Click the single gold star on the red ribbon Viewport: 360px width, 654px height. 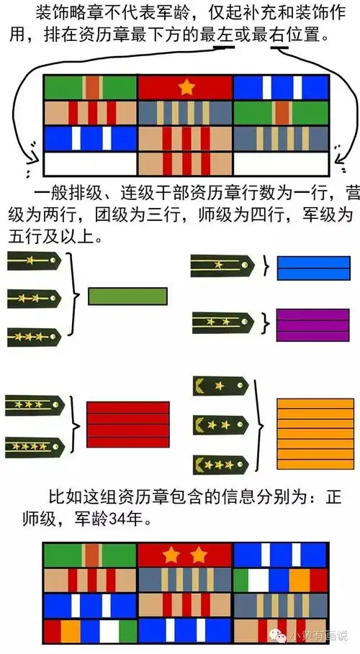click(x=186, y=88)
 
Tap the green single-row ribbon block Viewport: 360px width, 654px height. click(x=127, y=295)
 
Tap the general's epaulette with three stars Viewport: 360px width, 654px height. click(x=220, y=464)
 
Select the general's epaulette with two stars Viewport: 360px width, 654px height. click(x=220, y=426)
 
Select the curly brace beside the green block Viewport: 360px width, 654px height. click(x=76, y=294)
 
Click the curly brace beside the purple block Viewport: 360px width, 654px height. click(x=265, y=321)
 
